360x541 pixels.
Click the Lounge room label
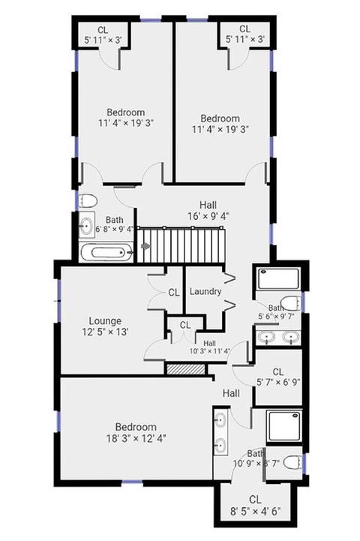point(105,321)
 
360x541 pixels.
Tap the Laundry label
point(205,292)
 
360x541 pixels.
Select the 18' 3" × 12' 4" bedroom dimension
point(136,438)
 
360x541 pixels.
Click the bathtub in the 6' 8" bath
point(107,253)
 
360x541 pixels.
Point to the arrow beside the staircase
point(146,246)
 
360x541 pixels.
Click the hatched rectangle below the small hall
point(186,369)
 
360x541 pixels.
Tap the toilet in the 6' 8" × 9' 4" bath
point(88,201)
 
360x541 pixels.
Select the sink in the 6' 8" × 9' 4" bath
point(86,225)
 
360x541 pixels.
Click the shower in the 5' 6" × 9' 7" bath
point(278,278)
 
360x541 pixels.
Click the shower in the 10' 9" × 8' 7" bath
point(285,426)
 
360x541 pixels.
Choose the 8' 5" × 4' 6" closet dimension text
point(256,511)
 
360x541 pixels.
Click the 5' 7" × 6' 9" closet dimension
point(278,382)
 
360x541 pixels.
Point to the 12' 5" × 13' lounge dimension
point(105,332)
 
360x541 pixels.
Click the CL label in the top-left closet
point(103,30)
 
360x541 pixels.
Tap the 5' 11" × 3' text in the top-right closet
point(245,39)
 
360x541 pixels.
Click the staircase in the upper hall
point(181,245)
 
